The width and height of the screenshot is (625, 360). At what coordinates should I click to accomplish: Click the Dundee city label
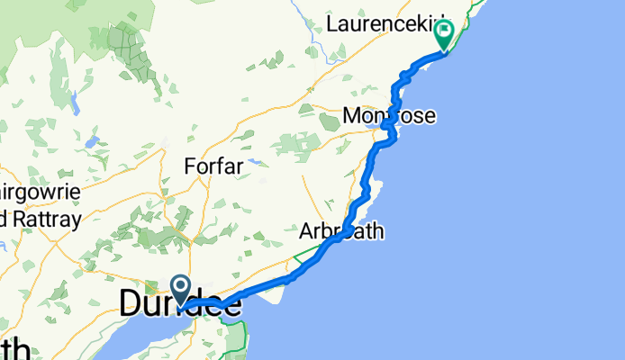[x=179, y=304]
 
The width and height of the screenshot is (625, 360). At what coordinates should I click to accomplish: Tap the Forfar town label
[x=213, y=166]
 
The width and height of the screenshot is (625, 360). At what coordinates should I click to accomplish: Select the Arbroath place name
[x=342, y=231]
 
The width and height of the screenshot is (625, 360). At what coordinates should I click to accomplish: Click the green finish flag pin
[x=445, y=34]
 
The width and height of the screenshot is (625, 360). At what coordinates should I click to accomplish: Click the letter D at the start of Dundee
[x=131, y=304]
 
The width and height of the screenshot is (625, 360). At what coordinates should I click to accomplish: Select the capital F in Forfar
[x=189, y=166]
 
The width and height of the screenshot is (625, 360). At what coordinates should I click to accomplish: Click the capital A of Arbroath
[x=306, y=231]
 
